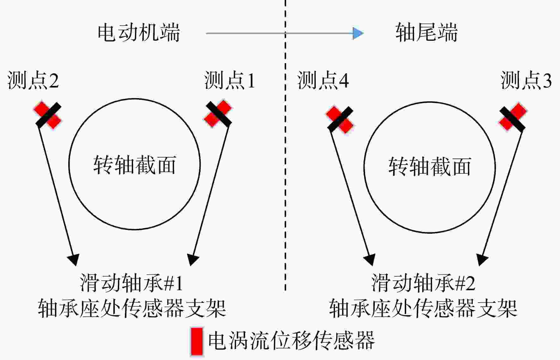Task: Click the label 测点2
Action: coord(33,80)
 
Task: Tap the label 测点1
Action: coord(230,80)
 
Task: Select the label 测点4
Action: coord(323,80)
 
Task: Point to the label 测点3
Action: coord(526,80)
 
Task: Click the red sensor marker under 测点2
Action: coord(48,115)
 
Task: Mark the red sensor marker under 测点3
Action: coord(513,117)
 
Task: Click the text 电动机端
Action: coord(139,32)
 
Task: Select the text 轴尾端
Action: coord(426,32)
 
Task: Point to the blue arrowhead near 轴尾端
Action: coord(358,33)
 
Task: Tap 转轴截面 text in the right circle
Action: coord(430,166)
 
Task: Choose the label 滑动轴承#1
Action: coord(131,283)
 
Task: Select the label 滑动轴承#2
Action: coord(423,283)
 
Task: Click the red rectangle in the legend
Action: coord(197,341)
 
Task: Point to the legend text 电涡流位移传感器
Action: coord(291,340)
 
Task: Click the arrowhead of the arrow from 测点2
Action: coord(74,260)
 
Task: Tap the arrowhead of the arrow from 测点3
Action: coord(482,260)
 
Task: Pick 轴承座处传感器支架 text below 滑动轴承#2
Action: coord(423,308)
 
